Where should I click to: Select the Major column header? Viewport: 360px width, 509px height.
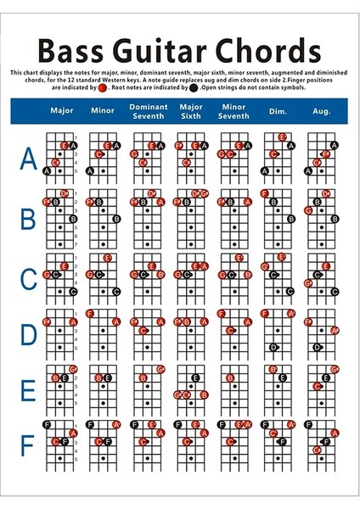62,111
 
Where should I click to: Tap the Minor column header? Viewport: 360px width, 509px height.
103,111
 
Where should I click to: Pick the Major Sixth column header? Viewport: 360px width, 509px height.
190,111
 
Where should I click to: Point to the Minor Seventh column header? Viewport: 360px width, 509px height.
233,111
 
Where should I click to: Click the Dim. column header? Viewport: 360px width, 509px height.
278,111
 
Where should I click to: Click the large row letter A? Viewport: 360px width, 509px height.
28,158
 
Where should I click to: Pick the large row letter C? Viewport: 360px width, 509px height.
28,277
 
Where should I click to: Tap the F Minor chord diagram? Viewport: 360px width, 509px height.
103,440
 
